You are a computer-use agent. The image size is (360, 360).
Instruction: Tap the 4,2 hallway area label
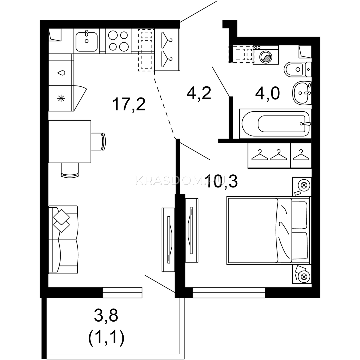[x=199, y=93]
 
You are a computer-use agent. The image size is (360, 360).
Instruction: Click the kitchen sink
[x=86, y=41]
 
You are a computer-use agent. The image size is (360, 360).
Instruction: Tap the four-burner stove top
[x=118, y=41]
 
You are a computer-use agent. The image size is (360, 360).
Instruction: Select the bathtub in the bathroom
[x=275, y=124]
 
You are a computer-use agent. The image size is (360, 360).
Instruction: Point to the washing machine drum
[x=266, y=56]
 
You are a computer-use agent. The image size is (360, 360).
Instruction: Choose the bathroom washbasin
[x=302, y=93]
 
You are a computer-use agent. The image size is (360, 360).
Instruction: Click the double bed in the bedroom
[x=268, y=230]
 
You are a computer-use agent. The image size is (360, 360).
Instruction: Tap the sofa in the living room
[x=63, y=240]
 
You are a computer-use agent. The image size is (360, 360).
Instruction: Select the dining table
[x=70, y=141]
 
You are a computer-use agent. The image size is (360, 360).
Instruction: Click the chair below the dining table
[x=70, y=170]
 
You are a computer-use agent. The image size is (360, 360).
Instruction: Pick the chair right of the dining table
[x=98, y=141]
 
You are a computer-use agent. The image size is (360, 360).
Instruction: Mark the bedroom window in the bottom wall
[x=229, y=292]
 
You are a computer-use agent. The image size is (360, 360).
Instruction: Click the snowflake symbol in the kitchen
[x=61, y=98]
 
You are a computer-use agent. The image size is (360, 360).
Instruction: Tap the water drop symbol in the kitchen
[x=61, y=73]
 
